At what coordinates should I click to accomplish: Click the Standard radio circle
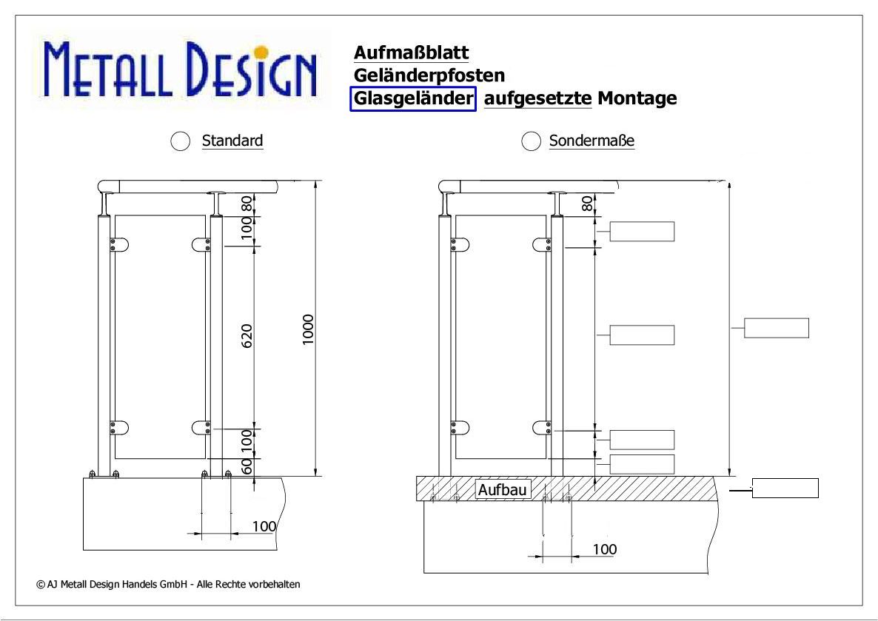(x=181, y=141)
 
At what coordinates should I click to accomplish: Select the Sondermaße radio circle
(x=531, y=141)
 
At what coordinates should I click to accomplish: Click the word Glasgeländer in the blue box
(x=413, y=98)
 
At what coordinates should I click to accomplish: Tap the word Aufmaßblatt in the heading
(x=411, y=52)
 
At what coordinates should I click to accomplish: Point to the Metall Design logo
(x=181, y=70)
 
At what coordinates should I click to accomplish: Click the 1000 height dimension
(x=308, y=330)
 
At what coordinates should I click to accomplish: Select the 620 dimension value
(x=247, y=336)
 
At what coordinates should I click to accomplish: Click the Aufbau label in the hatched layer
(x=502, y=489)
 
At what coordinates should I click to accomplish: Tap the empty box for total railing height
(x=776, y=328)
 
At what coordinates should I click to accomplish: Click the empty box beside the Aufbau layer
(x=785, y=489)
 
